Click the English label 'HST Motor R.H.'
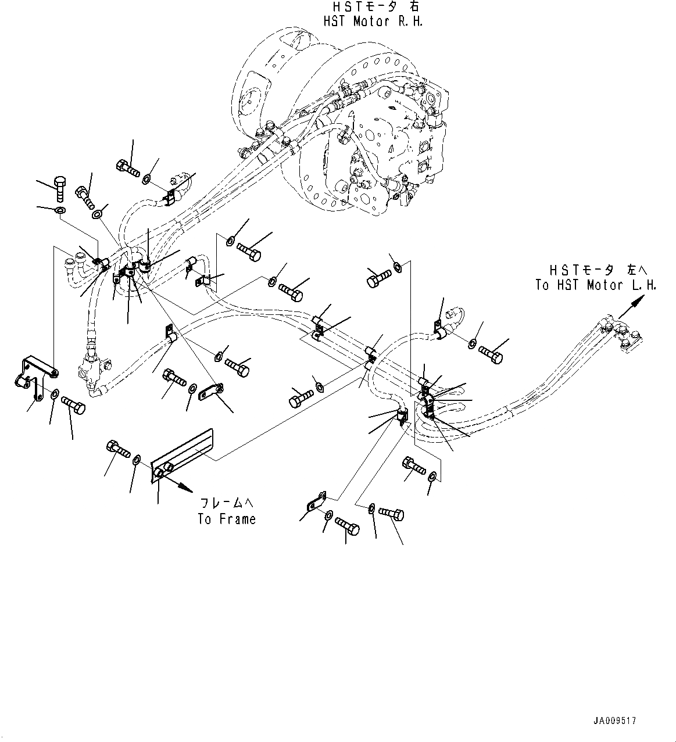point(373,21)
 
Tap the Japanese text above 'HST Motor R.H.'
point(373,7)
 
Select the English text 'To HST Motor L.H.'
point(595,285)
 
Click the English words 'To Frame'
point(226,519)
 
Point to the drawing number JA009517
point(614,721)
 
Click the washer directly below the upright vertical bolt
point(59,209)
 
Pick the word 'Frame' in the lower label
point(235,519)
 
